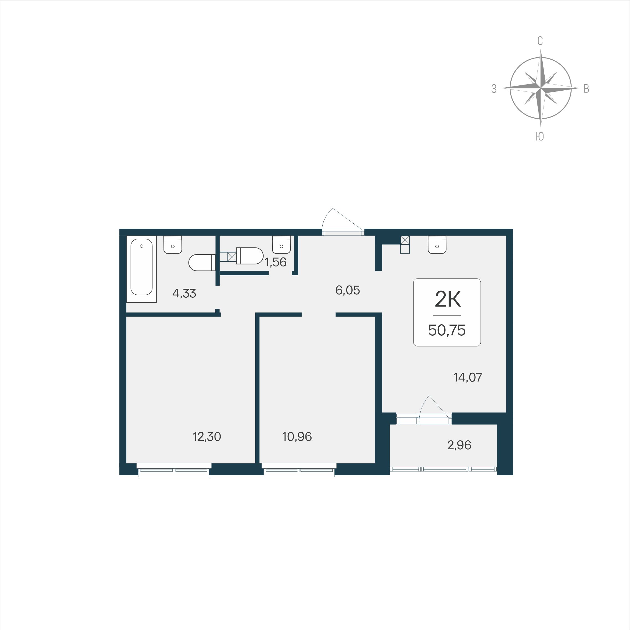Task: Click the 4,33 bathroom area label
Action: (x=184, y=294)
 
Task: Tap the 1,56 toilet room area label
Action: (x=276, y=262)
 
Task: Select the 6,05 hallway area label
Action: (x=348, y=290)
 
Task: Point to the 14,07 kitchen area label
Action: (x=468, y=377)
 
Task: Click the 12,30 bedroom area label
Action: (x=207, y=436)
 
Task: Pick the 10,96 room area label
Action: (x=297, y=436)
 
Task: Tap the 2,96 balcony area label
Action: (x=459, y=445)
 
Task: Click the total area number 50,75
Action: (x=447, y=330)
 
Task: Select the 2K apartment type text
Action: (x=448, y=300)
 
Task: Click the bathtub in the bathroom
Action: (x=142, y=269)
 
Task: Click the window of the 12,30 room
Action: (x=174, y=470)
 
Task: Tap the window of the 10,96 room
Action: (x=299, y=470)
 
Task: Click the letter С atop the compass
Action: (x=540, y=41)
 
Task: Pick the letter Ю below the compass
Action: (x=540, y=137)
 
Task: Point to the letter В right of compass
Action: (x=586, y=89)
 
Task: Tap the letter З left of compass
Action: (x=494, y=89)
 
